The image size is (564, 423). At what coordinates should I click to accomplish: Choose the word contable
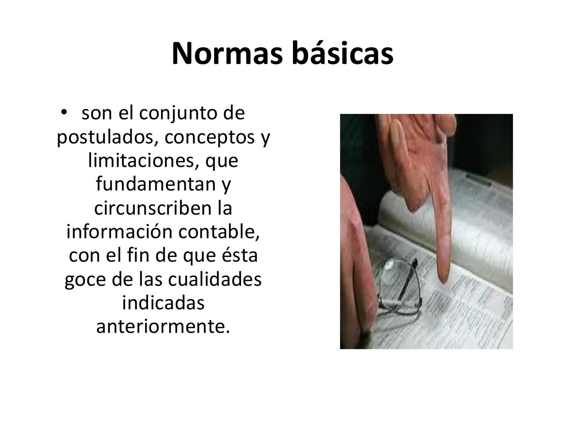coord(219,231)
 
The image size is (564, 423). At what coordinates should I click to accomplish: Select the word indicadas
coord(163,303)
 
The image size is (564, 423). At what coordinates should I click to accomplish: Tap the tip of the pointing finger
coord(444,279)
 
